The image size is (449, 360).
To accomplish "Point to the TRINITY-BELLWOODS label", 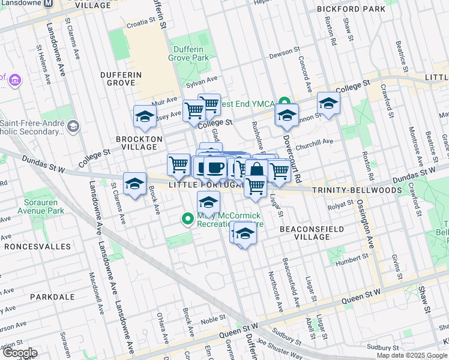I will (x=353, y=190).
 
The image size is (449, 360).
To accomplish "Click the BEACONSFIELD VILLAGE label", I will (x=312, y=233).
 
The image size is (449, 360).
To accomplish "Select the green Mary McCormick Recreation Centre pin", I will (x=188, y=218).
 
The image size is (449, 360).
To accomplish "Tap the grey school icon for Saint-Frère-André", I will (x=73, y=126).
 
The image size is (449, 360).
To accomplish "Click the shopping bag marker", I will (x=256, y=170).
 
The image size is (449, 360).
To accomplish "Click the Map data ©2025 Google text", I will (x=411, y=355).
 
